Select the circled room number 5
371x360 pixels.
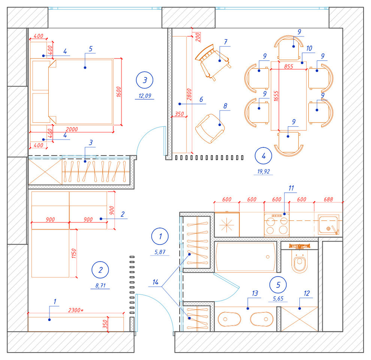(278, 285)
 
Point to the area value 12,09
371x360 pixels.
(145, 96)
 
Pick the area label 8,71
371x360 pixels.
(100, 286)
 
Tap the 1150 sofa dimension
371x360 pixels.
(73, 256)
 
